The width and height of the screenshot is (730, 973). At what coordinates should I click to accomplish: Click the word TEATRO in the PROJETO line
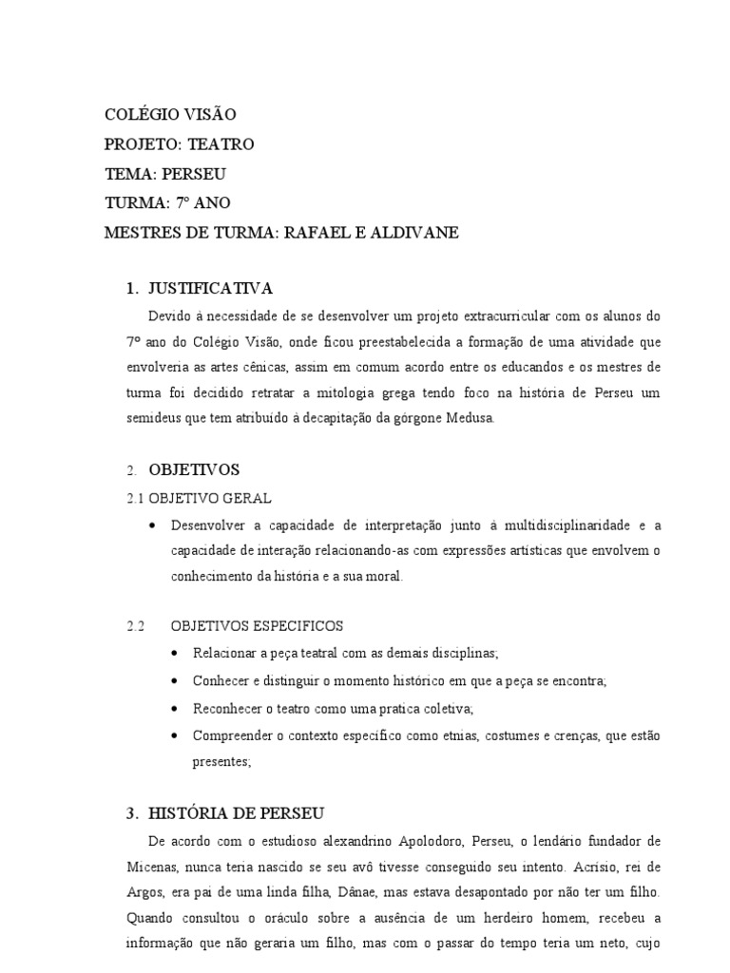(x=221, y=144)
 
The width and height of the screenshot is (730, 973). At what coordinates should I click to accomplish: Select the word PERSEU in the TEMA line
(x=194, y=174)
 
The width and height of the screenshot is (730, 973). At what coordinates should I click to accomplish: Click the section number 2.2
(x=136, y=626)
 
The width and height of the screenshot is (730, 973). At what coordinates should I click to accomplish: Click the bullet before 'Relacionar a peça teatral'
(x=177, y=655)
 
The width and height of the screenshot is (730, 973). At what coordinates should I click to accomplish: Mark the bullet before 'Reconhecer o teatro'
(x=177, y=709)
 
